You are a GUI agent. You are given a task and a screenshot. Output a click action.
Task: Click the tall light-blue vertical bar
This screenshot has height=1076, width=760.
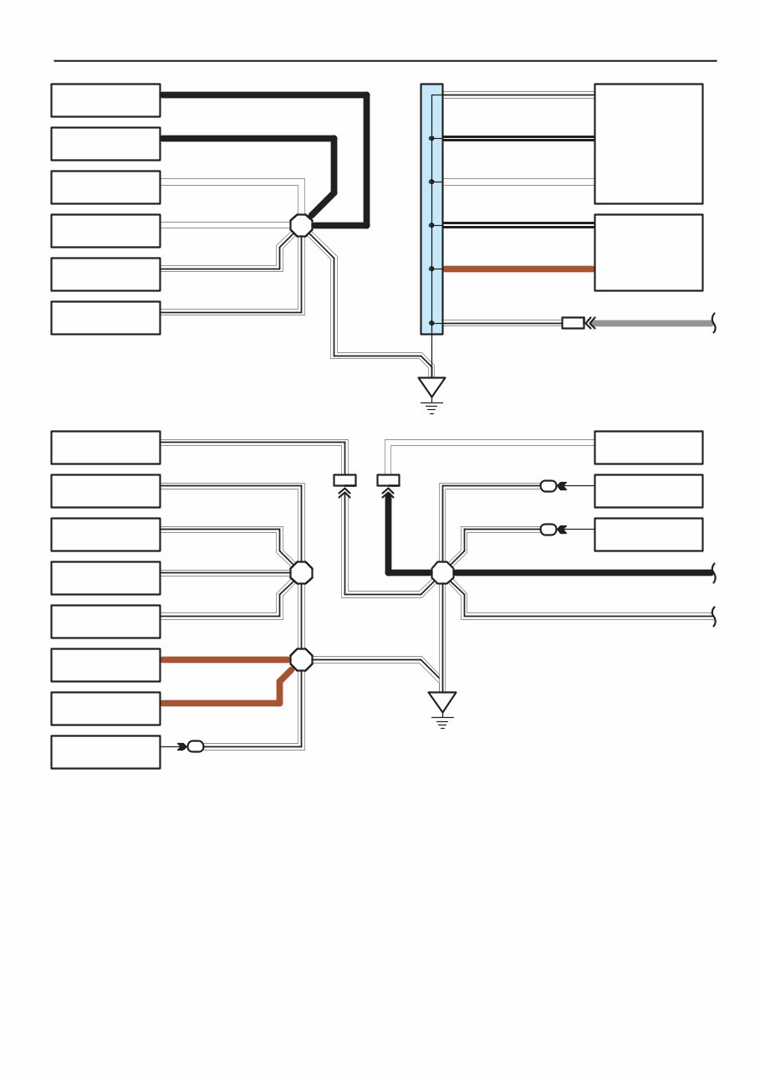431,209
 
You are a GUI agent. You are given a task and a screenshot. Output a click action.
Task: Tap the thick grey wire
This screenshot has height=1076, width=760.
652,323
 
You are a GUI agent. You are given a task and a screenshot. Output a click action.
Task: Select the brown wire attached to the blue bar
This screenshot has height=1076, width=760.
518,269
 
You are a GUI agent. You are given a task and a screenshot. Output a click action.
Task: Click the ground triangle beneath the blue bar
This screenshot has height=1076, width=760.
431,387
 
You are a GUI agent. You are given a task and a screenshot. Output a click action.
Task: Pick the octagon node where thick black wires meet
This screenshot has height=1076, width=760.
301,225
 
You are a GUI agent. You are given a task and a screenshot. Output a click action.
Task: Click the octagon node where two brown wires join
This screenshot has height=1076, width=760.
301,659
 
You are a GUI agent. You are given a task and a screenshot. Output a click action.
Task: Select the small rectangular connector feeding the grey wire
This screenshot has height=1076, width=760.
573,323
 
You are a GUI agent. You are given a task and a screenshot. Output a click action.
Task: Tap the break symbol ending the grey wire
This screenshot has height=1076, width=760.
714,323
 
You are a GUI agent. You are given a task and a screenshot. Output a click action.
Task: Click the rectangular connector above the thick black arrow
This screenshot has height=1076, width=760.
389,479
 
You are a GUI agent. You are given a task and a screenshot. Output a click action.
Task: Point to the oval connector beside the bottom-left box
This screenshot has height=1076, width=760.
196,746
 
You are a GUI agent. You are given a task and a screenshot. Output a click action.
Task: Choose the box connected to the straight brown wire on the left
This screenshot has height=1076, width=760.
105,664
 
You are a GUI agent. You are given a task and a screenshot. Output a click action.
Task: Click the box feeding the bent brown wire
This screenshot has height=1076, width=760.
105,708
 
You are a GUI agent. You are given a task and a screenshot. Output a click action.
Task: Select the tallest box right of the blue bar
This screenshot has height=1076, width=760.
648,143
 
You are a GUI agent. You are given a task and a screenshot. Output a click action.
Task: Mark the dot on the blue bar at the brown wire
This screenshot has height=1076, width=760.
431,269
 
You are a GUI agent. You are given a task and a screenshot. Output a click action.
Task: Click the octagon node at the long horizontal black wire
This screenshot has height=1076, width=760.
442,572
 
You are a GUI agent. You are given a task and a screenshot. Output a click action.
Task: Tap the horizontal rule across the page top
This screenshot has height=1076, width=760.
385,60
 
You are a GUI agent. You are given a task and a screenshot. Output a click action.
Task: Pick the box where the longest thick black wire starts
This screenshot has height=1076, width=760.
105,100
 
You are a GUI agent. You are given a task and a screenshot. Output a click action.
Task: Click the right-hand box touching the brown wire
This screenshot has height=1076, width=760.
648,252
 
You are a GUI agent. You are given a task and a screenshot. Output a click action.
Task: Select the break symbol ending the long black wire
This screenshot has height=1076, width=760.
714,572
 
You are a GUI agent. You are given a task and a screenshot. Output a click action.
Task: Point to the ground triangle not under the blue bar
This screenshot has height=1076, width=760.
442,701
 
